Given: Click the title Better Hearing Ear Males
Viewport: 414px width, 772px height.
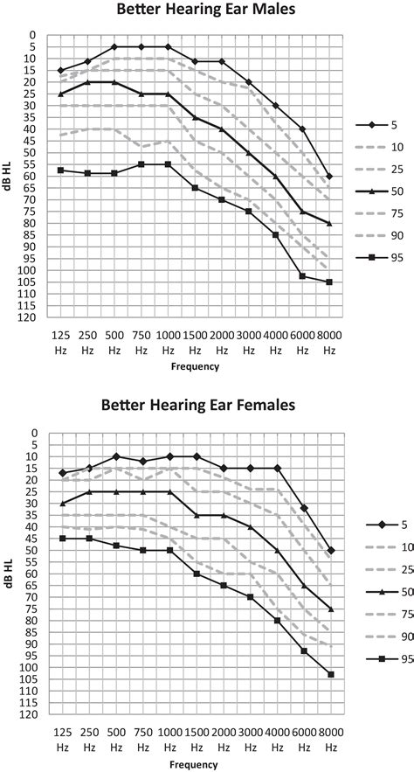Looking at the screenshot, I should pos(206,12).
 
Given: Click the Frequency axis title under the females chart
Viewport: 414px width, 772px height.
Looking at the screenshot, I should pos(195,766).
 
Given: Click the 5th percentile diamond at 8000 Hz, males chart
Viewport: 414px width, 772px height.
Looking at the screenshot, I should pos(329,177).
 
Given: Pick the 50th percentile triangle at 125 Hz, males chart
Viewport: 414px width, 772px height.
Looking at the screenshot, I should pos(60,94).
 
